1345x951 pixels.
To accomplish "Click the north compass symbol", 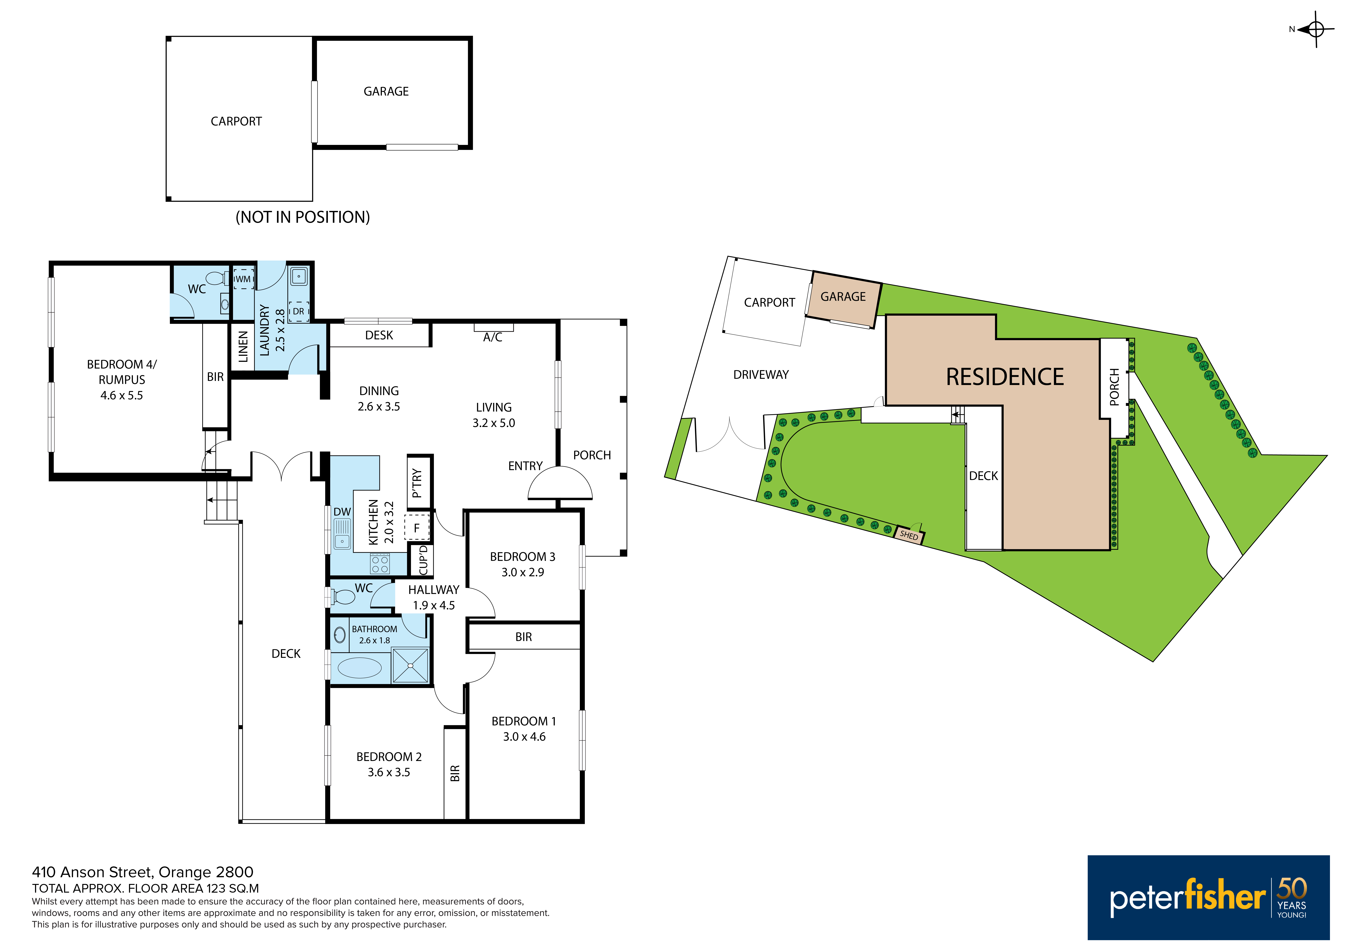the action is [x=1316, y=29].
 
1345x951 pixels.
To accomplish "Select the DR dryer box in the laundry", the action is [x=299, y=312].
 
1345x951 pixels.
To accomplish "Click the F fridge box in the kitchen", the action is [x=417, y=528].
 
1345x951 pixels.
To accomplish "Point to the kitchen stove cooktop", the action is [x=380, y=564].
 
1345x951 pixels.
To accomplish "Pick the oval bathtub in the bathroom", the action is [x=360, y=668].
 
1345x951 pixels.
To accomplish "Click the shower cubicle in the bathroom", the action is [x=410, y=665].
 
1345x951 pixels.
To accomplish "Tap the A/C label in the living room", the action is [x=493, y=337].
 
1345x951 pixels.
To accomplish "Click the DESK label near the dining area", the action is [x=379, y=335].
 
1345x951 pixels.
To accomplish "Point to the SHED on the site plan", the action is [x=909, y=535].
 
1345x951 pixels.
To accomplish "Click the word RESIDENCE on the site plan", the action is [x=1005, y=377].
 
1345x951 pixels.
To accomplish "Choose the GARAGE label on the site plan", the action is [x=843, y=297].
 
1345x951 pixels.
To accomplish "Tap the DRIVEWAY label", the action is [x=761, y=375].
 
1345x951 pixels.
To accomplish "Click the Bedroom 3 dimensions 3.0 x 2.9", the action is [x=523, y=572].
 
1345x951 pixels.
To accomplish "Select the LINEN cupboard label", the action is [x=243, y=346].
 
